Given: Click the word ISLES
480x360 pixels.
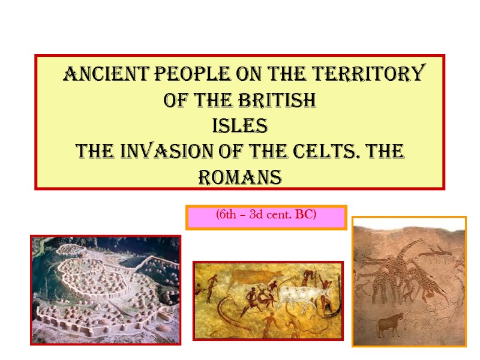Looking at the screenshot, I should (240, 127).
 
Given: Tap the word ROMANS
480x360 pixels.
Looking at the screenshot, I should (240, 178).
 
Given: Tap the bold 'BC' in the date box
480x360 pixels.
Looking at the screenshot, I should (306, 215).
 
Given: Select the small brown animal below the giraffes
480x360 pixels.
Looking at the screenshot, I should (389, 325).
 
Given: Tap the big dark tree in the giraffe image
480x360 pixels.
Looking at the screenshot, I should (390, 270).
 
